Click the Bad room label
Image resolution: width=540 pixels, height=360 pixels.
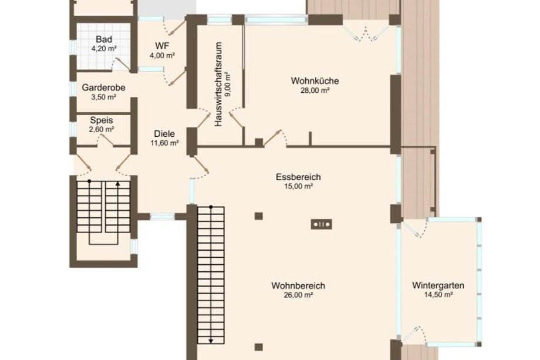(x=104, y=39)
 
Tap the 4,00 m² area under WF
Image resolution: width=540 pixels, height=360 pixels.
(x=162, y=55)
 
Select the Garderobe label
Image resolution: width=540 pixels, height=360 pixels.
(x=103, y=88)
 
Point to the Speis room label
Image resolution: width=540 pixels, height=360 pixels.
(x=102, y=120)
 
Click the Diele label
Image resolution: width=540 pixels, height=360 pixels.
(x=164, y=134)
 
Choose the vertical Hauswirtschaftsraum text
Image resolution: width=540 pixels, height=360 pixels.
(x=218, y=85)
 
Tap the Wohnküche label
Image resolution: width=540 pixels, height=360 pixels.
(x=315, y=81)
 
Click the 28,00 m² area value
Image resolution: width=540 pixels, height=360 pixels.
(x=315, y=90)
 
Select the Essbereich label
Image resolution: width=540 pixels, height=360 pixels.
(x=298, y=177)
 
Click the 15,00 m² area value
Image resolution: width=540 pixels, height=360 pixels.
(x=298, y=186)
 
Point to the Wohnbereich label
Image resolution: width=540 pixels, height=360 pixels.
(x=298, y=286)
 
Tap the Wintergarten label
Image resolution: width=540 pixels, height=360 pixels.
(x=438, y=285)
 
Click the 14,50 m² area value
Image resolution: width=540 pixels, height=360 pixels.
(x=438, y=295)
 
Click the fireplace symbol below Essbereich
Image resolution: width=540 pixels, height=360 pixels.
(x=321, y=224)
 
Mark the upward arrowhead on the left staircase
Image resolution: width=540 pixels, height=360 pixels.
(x=118, y=184)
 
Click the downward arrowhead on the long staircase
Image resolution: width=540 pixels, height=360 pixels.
(x=211, y=341)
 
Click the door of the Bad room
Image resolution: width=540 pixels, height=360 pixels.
(x=122, y=65)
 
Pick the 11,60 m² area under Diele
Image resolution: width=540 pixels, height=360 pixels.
(x=164, y=143)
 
